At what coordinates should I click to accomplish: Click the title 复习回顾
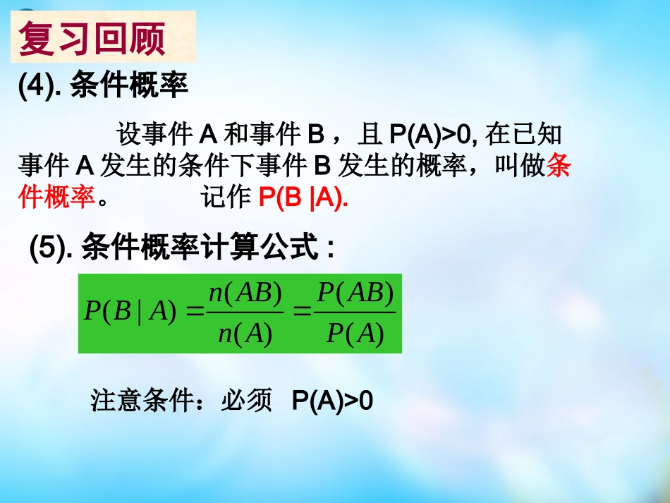[92, 39]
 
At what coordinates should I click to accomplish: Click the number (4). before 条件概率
[41, 87]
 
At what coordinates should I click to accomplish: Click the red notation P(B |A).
[303, 199]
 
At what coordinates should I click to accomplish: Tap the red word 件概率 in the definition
[56, 199]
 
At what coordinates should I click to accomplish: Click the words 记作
[224, 199]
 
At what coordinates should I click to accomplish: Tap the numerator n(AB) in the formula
[245, 293]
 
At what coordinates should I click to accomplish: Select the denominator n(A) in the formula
[245, 333]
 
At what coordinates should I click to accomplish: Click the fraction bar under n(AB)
[245, 313]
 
